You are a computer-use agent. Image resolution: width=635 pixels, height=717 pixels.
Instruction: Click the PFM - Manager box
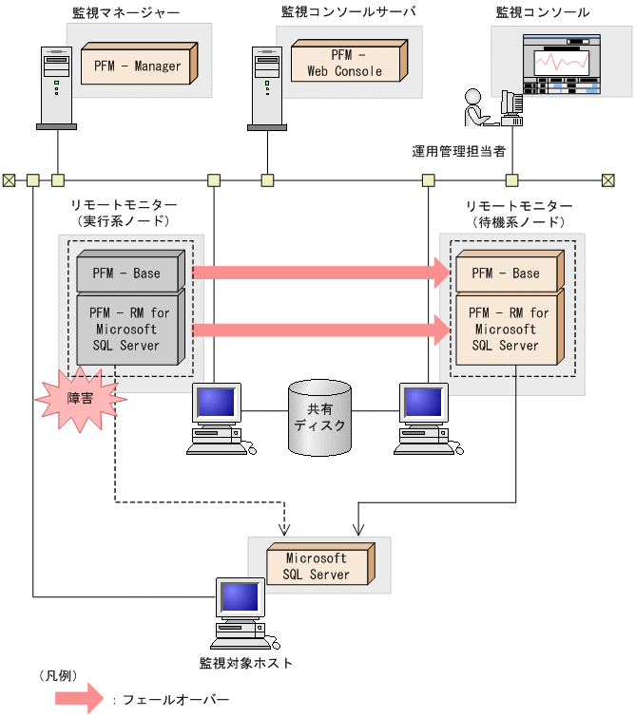[138, 66]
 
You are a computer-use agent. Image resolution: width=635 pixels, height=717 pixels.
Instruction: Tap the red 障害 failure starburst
[80, 399]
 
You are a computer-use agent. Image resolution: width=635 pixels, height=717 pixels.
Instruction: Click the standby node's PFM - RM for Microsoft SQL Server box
[506, 330]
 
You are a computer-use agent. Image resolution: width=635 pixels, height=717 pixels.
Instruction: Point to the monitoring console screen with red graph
[560, 64]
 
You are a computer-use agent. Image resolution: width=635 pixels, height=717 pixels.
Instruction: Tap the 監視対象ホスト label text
[246, 663]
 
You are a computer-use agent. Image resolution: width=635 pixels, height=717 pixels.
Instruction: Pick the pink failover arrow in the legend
[82, 700]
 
